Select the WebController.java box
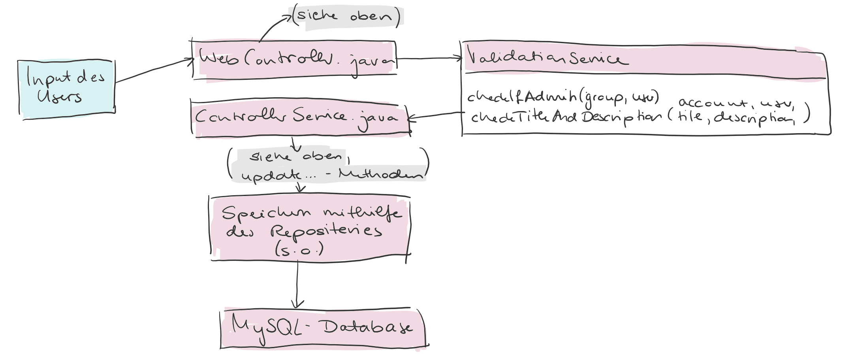(x=294, y=59)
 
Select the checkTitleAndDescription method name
(x=565, y=118)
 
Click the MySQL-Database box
(x=322, y=327)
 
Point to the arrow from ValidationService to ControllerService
(x=435, y=115)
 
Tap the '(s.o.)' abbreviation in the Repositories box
(x=299, y=250)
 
